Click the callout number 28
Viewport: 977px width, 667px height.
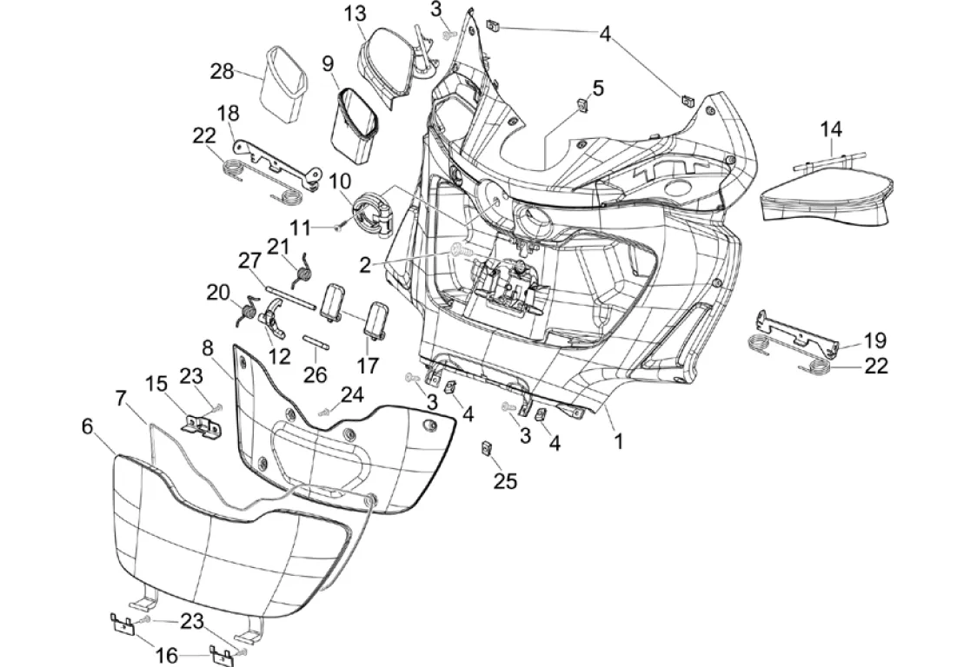222,70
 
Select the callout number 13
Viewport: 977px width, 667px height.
355,14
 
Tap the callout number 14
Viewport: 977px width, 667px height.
831,129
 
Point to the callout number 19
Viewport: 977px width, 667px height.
874,340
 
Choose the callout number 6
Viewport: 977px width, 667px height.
87,426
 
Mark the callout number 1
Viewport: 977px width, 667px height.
618,441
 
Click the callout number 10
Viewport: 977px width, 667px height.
340,182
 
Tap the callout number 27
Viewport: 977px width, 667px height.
250,261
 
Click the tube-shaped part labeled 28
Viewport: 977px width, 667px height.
284,83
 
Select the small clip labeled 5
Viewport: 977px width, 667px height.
582,105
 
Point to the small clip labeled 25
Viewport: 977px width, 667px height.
488,449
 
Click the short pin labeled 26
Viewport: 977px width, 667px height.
316,340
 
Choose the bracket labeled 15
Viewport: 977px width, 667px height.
202,423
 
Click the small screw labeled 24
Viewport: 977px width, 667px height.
325,412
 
